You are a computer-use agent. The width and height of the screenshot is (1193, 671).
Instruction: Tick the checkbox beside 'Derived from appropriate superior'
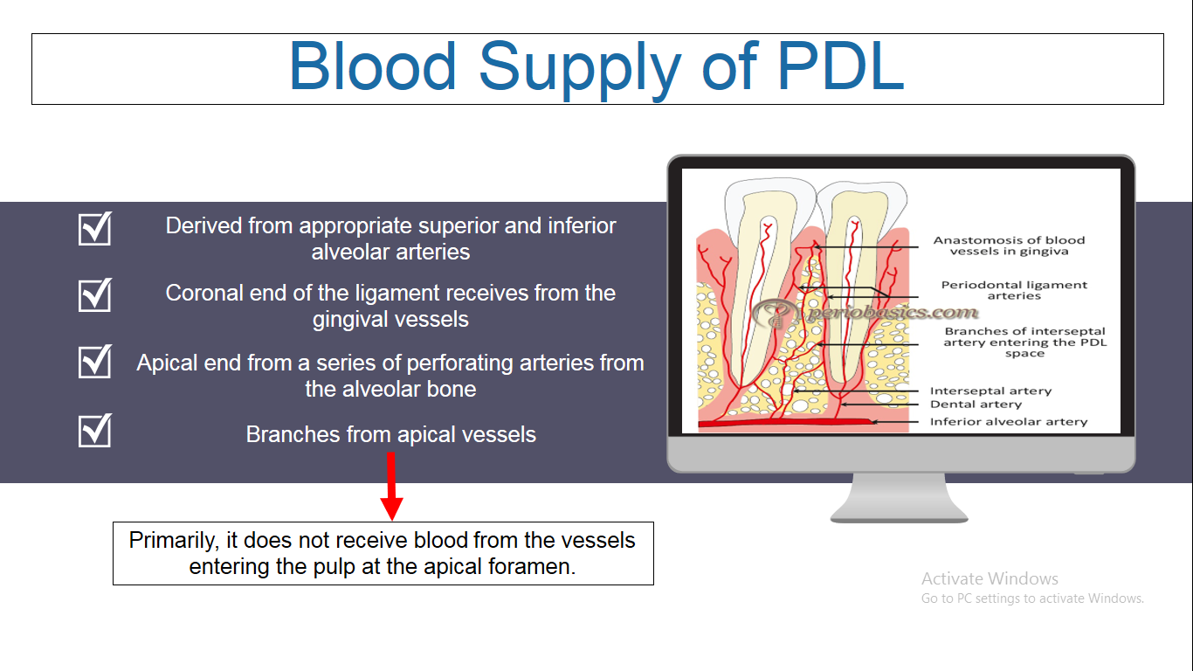click(95, 228)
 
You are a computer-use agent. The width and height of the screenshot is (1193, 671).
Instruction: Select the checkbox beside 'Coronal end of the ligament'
click(95, 294)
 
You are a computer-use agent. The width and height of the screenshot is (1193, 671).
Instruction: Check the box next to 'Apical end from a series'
click(95, 361)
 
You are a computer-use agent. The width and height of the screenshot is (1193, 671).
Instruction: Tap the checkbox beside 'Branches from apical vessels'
click(95, 430)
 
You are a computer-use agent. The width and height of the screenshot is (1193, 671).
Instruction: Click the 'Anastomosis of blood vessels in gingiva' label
click(1009, 246)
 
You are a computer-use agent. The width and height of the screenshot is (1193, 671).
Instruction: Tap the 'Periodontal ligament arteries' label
click(1014, 290)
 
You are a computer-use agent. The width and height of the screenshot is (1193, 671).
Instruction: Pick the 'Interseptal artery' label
click(990, 391)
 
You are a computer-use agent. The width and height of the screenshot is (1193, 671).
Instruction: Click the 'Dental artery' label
click(976, 405)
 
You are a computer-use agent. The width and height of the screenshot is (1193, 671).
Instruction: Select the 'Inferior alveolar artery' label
click(1009, 422)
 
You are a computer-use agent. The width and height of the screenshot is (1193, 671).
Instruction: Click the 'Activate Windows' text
click(990, 578)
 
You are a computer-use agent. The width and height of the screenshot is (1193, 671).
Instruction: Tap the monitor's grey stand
click(900, 498)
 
